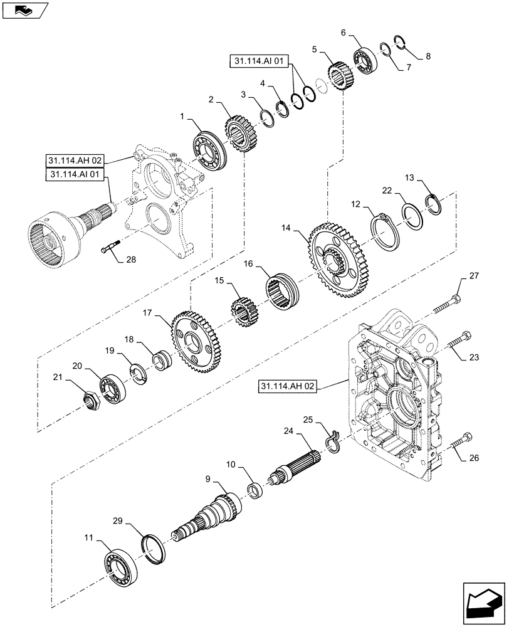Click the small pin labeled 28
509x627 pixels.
pos(112,249)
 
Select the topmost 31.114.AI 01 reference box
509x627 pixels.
pos(261,61)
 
